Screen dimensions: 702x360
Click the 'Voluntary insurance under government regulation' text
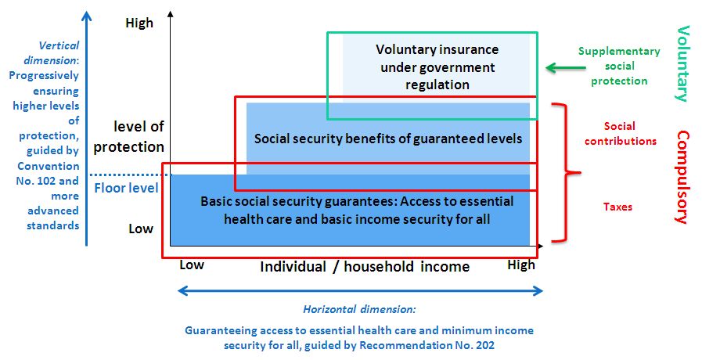pos(437,67)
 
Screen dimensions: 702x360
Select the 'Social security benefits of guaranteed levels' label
pos(388,139)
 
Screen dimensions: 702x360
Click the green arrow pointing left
pos(566,67)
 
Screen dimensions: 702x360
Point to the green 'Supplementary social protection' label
pos(619,66)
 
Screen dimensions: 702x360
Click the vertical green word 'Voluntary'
pos(682,63)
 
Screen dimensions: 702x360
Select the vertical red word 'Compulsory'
pos(682,176)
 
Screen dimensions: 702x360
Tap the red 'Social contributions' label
pos(620,133)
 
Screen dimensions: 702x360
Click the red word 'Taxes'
pos(617,207)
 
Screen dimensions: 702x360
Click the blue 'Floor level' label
pos(126,188)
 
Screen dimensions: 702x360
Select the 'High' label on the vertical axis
pos(139,23)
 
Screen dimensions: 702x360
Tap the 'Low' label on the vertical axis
pos(141,229)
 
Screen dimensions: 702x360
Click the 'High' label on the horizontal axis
pos(521,265)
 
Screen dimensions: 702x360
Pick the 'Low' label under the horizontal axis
pos(192,265)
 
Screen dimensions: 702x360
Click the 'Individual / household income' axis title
pos(365,267)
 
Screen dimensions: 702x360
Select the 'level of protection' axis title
pos(129,137)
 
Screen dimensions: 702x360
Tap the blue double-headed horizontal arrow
pos(361,291)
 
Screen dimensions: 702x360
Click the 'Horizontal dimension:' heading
pos(359,309)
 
